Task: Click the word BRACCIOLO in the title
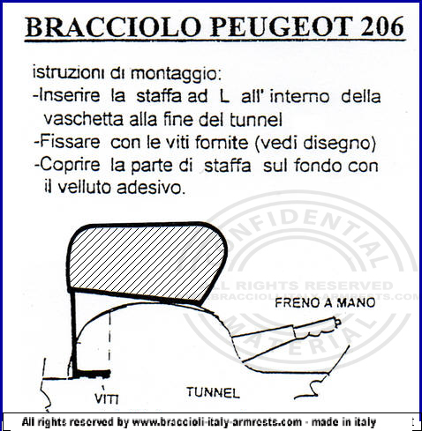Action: point(113,26)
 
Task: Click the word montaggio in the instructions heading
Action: point(176,74)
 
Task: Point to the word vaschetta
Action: point(83,119)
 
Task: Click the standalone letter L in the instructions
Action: point(224,96)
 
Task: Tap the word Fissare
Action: point(70,142)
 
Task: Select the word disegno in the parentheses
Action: point(336,143)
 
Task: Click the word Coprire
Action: point(70,165)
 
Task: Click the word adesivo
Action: point(151,188)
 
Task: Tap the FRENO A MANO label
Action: point(325,302)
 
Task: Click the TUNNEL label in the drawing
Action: point(213,392)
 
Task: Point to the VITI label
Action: point(107,398)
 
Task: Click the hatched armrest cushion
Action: point(147,262)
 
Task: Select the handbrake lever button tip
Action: point(338,323)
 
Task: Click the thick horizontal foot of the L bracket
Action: point(92,374)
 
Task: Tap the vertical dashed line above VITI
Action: point(110,341)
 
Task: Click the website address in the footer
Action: point(217,422)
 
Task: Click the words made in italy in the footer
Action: point(343,422)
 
